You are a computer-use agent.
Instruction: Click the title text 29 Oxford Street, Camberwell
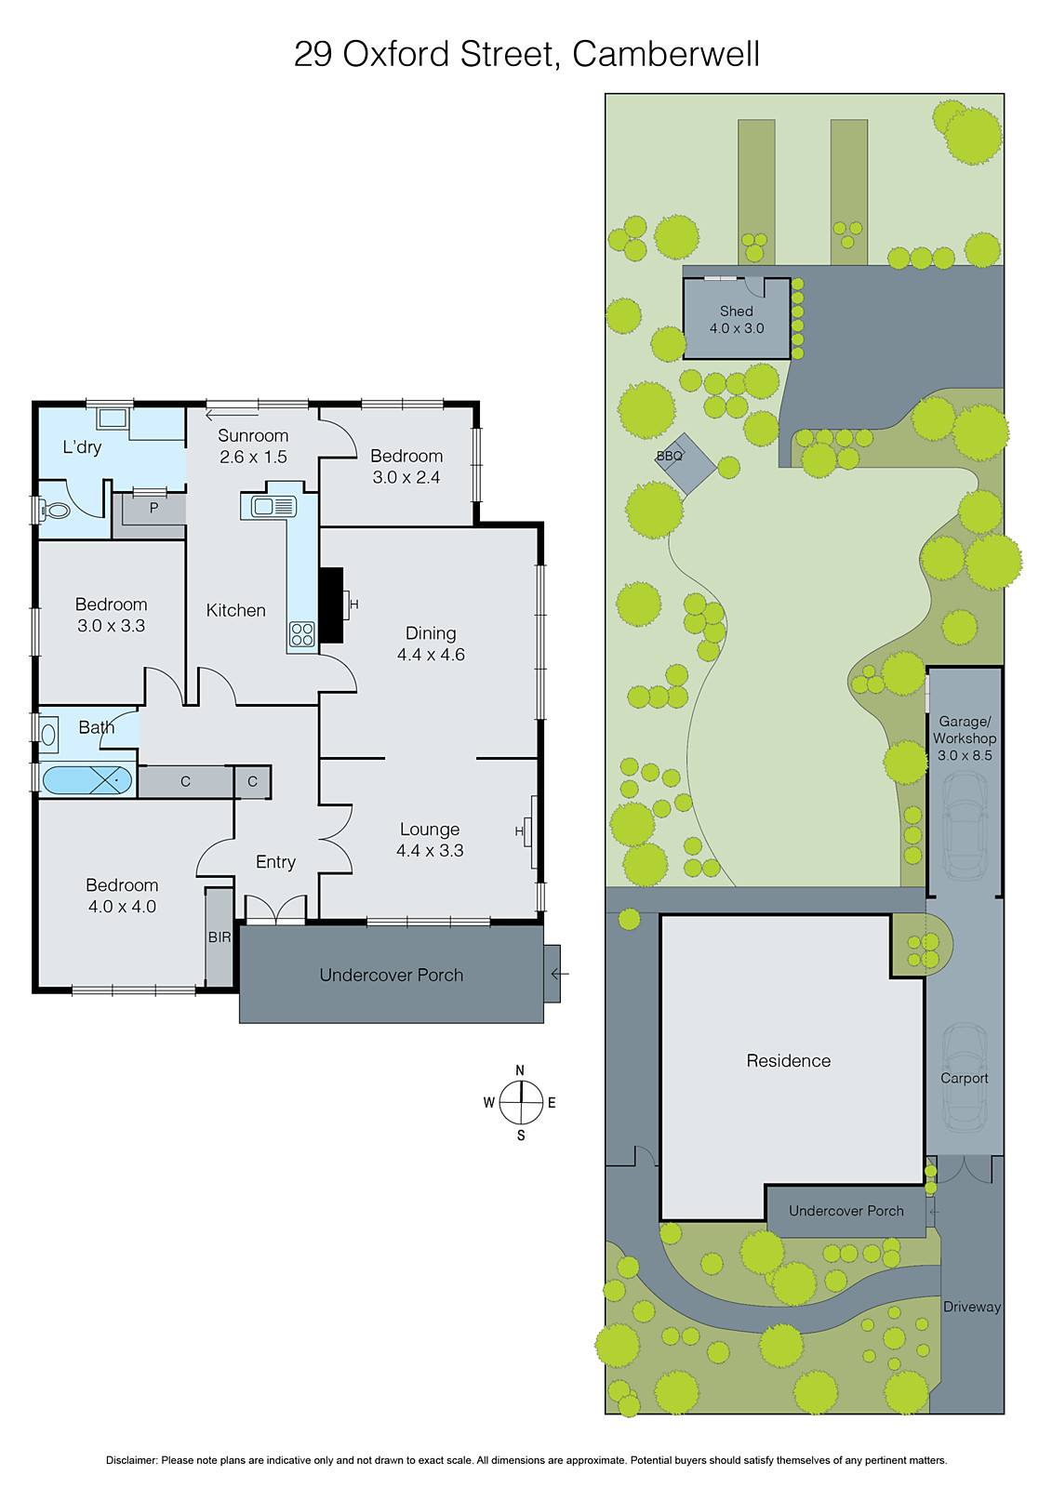pyautogui.click(x=526, y=54)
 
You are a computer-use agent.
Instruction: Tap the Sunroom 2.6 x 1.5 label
pyautogui.click(x=253, y=446)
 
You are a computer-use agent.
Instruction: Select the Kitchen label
pyautogui.click(x=235, y=610)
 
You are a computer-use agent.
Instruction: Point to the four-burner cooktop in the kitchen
pyautogui.click(x=302, y=634)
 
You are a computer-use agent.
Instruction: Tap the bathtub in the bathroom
pyautogui.click(x=87, y=779)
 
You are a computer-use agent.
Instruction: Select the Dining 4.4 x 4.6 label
pyautogui.click(x=431, y=644)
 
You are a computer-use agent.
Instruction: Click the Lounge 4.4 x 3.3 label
pyautogui.click(x=430, y=840)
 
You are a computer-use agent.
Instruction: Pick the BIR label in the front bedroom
pyautogui.click(x=220, y=937)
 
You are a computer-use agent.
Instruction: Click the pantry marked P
pyautogui.click(x=153, y=509)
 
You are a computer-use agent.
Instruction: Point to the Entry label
pyautogui.click(x=275, y=862)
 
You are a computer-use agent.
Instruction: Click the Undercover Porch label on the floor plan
pyautogui.click(x=391, y=975)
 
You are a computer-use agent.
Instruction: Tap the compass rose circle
pyautogui.click(x=521, y=1103)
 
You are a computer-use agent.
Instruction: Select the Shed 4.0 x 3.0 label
pyautogui.click(x=737, y=320)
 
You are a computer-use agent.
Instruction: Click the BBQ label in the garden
pyautogui.click(x=670, y=456)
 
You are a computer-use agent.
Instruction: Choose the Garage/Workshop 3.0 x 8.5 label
pyautogui.click(x=965, y=738)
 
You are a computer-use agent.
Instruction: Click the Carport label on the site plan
pyautogui.click(x=965, y=1078)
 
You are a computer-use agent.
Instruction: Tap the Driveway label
pyautogui.click(x=972, y=1307)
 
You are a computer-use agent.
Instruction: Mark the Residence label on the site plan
pyautogui.click(x=789, y=1060)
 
